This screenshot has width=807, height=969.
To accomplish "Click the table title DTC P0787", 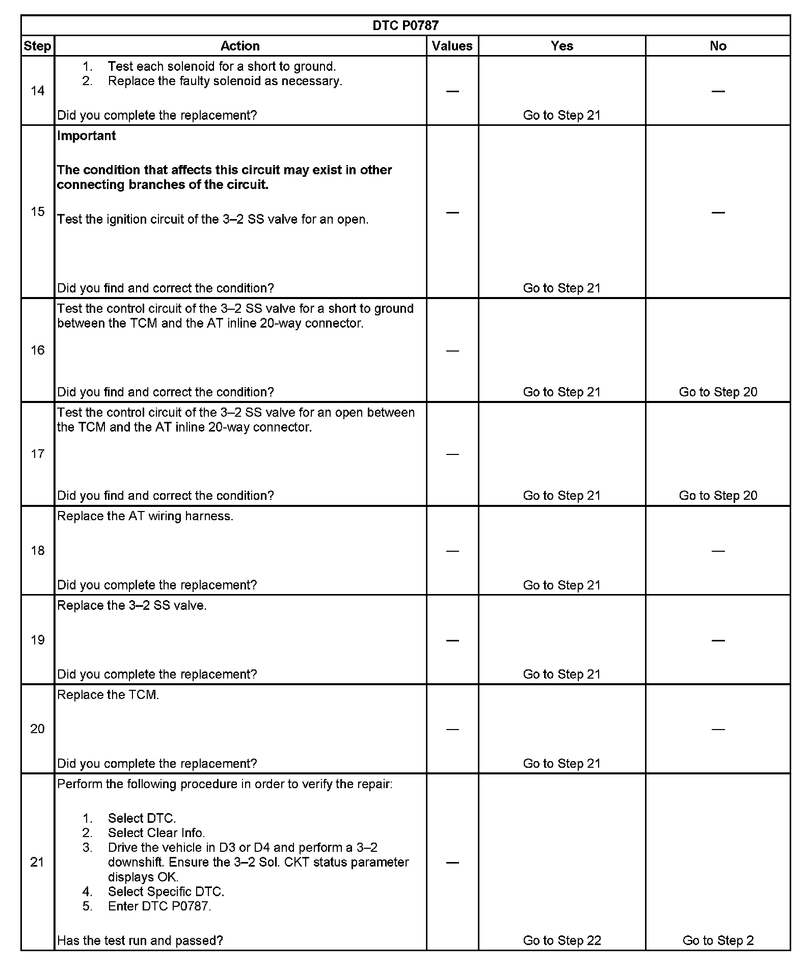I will pyautogui.click(x=406, y=25).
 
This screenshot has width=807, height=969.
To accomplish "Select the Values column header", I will pyautogui.click(x=452, y=46).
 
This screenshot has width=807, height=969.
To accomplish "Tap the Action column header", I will pyautogui.click(x=240, y=46).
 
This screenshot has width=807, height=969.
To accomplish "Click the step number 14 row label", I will pyautogui.click(x=38, y=91).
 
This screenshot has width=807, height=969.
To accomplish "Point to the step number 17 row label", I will pyautogui.click(x=38, y=454).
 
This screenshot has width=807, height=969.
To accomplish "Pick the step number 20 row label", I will pyautogui.click(x=38, y=729).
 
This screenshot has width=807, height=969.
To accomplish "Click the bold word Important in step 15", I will pyautogui.click(x=87, y=136).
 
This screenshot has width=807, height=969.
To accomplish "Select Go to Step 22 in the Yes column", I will pyautogui.click(x=562, y=940).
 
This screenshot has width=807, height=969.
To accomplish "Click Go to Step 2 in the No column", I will pyautogui.click(x=718, y=940).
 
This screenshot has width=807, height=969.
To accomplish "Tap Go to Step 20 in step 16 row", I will pyautogui.click(x=718, y=392).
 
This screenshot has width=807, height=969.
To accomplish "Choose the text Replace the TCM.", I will pyautogui.click(x=108, y=695).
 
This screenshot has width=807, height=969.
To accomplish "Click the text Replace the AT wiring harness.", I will pyautogui.click(x=145, y=516).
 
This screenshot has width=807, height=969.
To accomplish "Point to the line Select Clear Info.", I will pyautogui.click(x=156, y=833).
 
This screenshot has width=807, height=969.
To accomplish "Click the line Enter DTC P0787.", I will pyautogui.click(x=159, y=906).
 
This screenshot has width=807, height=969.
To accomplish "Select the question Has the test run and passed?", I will pyautogui.click(x=140, y=940).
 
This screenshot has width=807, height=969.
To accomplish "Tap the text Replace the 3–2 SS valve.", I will pyautogui.click(x=132, y=606).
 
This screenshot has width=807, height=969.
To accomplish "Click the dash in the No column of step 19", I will pyautogui.click(x=718, y=640).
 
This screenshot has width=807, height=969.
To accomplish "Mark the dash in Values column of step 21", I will pyautogui.click(x=452, y=863).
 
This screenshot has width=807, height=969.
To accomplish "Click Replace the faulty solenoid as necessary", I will pyautogui.click(x=225, y=81).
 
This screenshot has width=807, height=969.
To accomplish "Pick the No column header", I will pyautogui.click(x=718, y=46).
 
